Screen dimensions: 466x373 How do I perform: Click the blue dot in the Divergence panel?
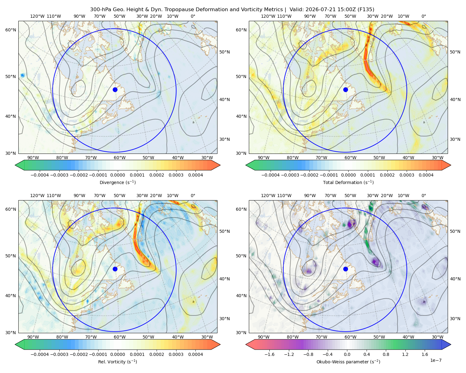point(115,90)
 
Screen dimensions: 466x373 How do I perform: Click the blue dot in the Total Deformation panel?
point(345,90)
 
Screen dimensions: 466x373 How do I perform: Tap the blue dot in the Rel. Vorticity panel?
point(115,269)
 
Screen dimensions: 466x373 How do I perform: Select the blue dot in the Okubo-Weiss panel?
point(345,269)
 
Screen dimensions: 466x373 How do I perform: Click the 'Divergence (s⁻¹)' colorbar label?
point(117,182)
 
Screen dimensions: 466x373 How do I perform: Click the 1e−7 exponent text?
point(436,360)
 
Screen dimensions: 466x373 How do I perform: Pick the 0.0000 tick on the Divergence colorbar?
point(117,175)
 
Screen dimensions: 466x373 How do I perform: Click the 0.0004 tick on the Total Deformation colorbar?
point(426,175)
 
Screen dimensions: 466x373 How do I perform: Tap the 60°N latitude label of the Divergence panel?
point(11,30)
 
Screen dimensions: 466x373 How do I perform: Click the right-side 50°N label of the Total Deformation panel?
point(455,52)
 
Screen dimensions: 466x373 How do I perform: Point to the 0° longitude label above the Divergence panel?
point(193,16)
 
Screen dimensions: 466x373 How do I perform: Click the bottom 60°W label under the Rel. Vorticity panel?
point(120,337)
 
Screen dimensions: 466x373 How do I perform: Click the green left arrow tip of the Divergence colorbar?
point(15,165)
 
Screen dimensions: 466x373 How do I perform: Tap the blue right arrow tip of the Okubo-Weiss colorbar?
point(451,344)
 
